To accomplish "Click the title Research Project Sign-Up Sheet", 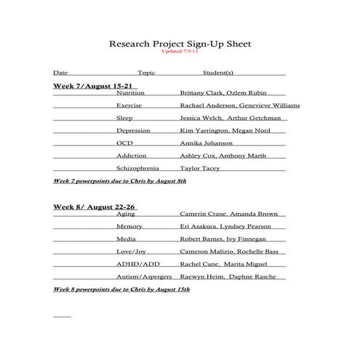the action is click(180, 44).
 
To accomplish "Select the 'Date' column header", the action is click(60, 73).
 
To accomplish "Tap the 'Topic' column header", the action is click(146, 73).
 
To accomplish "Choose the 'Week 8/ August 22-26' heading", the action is click(94, 207).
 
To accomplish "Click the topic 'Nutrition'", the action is click(130, 93).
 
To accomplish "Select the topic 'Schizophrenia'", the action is click(137, 168).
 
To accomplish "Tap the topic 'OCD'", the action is click(124, 143).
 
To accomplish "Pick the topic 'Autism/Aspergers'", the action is click(144, 277).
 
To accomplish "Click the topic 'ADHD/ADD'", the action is click(137, 264).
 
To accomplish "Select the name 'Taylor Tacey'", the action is click(200, 168).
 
